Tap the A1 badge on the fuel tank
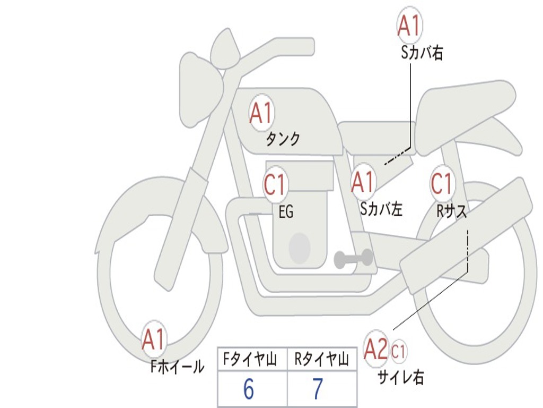[x=262, y=112]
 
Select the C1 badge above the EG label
[x=275, y=184]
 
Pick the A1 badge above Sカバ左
[x=363, y=182]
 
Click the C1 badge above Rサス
[x=442, y=183]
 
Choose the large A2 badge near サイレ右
[x=376, y=349]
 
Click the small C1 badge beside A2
[x=398, y=351]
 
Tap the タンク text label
[x=283, y=139]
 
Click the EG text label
[x=286, y=211]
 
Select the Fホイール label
[x=177, y=367]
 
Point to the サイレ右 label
[x=401, y=377]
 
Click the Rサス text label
[x=452, y=210]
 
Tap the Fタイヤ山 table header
[x=250, y=359]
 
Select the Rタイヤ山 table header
[x=321, y=359]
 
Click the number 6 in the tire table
[x=249, y=389]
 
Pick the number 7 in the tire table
[x=318, y=389]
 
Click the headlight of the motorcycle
[x=201, y=90]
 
